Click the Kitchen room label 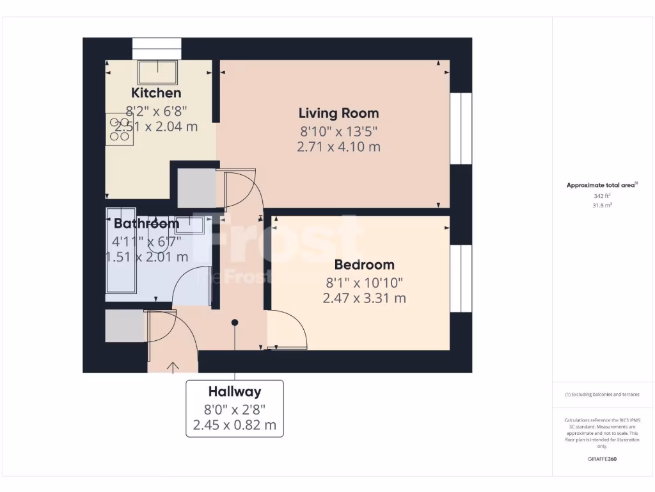pyautogui.click(x=156, y=93)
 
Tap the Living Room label pyautogui.click(x=338, y=113)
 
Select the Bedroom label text pyautogui.click(x=364, y=265)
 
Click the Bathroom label pyautogui.click(x=146, y=224)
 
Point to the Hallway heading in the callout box pyautogui.click(x=234, y=391)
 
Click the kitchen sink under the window pyautogui.click(x=157, y=73)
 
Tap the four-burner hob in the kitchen pyautogui.click(x=120, y=129)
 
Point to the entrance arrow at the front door pyautogui.click(x=173, y=366)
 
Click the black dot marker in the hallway pyautogui.click(x=235, y=322)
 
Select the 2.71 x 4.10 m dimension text pyautogui.click(x=338, y=147)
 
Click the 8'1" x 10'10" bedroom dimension pyautogui.click(x=364, y=282)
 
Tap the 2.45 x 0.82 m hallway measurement pyautogui.click(x=234, y=425)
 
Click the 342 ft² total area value pyautogui.click(x=602, y=196)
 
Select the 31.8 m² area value pyautogui.click(x=602, y=205)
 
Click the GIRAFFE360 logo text pyautogui.click(x=602, y=459)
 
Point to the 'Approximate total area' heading pyautogui.click(x=602, y=185)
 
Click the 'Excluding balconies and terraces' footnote pyautogui.click(x=602, y=395)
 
